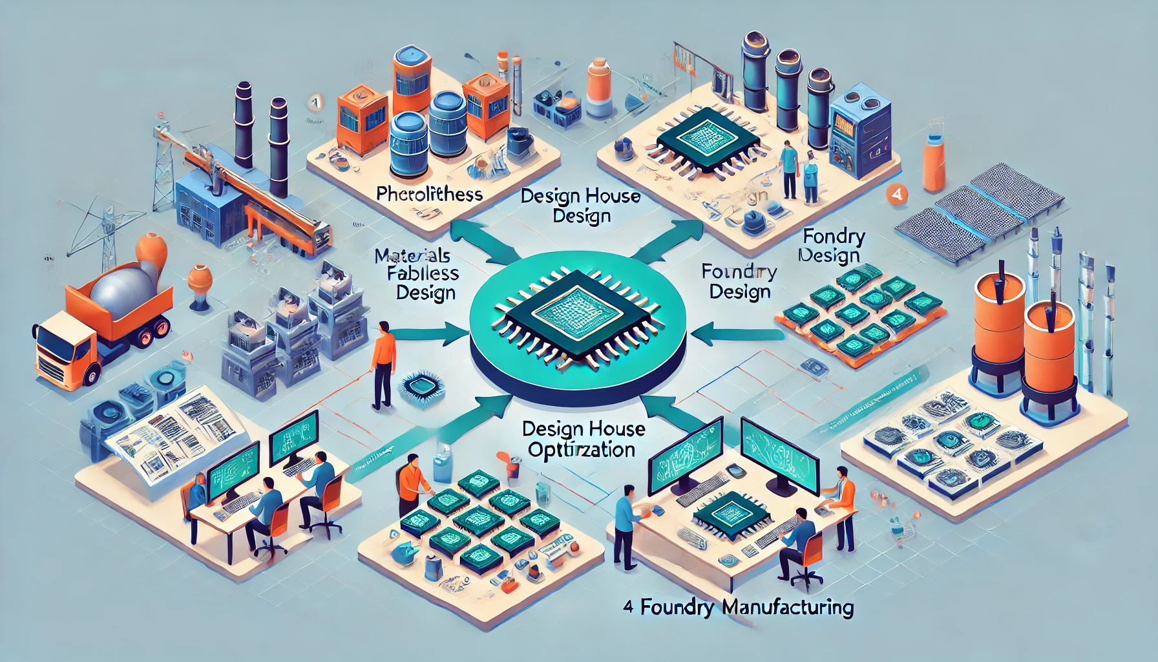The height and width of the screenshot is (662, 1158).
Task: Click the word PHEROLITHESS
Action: point(429,193)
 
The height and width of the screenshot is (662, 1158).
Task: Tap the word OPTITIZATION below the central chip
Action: point(581,449)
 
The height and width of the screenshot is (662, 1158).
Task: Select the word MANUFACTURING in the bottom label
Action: point(788,608)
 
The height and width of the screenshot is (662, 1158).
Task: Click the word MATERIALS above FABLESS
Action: point(412,255)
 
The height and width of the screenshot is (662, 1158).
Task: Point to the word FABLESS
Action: point(423,273)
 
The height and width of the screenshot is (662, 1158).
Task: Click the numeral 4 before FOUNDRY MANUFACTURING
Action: point(628,608)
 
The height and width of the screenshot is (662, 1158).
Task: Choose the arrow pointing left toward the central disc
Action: point(737,335)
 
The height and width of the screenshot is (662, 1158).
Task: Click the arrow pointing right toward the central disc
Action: point(430,335)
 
